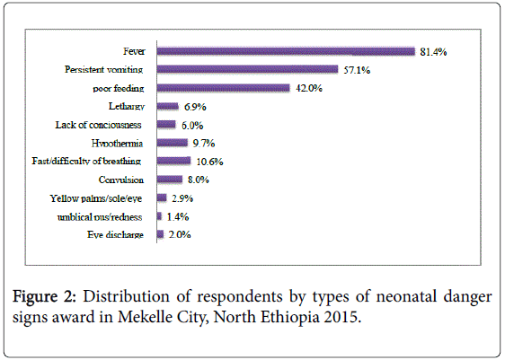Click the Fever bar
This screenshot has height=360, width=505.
click(286, 51)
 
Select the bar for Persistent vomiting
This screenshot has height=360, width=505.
click(247, 69)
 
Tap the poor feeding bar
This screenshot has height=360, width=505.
click(224, 88)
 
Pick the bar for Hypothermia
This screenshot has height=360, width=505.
click(173, 143)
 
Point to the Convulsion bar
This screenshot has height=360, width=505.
click(170, 180)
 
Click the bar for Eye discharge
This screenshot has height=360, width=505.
click(160, 234)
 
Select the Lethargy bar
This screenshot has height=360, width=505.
click(167, 106)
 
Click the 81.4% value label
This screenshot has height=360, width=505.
click(433, 52)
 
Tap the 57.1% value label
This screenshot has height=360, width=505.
click(357, 70)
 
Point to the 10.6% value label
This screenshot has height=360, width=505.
click(209, 162)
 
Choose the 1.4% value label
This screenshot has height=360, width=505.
click(178, 217)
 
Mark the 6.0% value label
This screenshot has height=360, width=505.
click(192, 125)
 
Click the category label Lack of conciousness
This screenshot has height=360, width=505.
click(98, 125)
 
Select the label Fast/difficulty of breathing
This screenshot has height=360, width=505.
click(86, 161)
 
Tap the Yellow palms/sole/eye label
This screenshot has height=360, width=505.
click(95, 198)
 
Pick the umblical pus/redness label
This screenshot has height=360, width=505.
click(100, 217)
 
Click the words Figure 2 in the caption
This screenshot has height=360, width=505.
click(44, 297)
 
